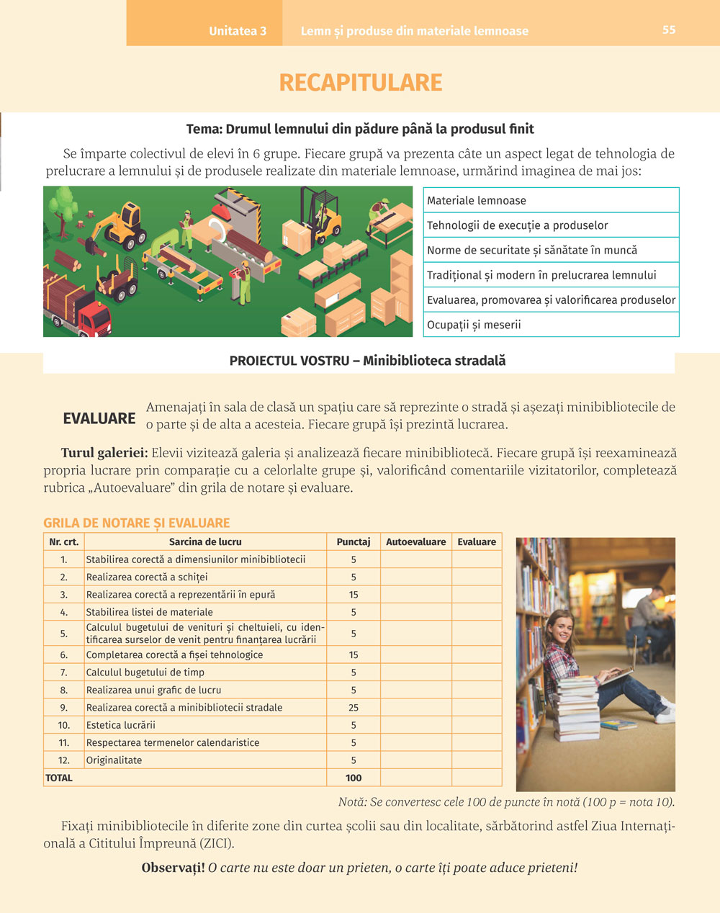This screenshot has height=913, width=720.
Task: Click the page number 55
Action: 669,30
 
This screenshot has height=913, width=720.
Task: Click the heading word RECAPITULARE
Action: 360,83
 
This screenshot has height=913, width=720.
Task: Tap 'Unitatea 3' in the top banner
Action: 238,31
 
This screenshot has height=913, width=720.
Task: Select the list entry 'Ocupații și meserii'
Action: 474,325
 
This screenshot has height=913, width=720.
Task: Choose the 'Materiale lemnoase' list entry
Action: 477,201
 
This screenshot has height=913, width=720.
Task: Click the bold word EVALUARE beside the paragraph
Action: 99,418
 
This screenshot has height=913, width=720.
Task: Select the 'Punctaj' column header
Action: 354,541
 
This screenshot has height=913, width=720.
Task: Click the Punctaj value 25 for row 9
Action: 354,708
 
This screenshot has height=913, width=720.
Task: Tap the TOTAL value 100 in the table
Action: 354,778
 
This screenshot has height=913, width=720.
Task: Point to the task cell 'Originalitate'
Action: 114,760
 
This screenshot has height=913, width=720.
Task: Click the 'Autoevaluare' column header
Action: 415,541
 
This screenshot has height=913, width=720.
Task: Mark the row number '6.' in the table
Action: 64,655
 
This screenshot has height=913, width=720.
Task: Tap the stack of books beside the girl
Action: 577,709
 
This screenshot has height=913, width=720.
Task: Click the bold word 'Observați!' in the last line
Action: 174,868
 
